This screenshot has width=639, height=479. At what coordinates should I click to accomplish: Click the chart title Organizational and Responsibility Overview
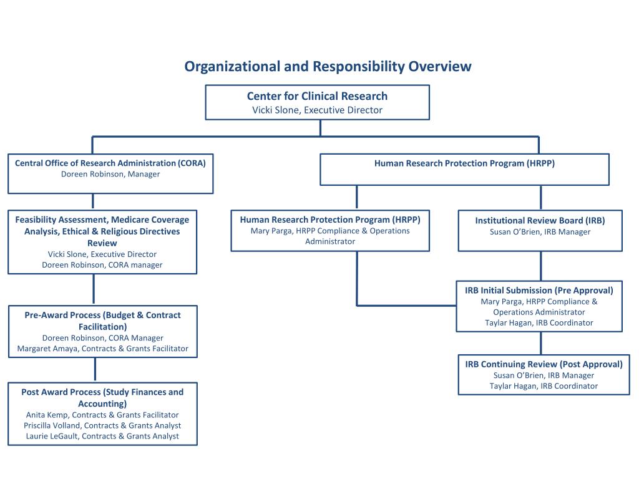tap(328, 66)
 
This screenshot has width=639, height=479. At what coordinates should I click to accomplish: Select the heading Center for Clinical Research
tap(317, 96)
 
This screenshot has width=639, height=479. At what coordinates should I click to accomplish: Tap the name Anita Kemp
tap(45, 415)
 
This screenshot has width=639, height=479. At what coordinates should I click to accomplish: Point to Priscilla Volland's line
tap(102, 425)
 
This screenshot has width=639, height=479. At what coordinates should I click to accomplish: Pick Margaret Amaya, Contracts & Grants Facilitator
tap(103, 349)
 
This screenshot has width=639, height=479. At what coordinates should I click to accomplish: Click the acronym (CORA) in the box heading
tap(192, 163)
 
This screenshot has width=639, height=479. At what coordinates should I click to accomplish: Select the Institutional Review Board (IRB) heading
tap(540, 221)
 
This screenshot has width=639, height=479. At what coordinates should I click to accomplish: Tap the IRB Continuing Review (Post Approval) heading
tap(544, 364)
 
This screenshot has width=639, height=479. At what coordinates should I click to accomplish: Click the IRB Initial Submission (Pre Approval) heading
tap(539, 291)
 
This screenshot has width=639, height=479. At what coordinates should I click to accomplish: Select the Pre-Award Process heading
tap(103, 321)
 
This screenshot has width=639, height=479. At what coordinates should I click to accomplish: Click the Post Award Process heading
tap(102, 398)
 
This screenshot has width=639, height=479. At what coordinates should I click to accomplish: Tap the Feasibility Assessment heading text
tap(102, 231)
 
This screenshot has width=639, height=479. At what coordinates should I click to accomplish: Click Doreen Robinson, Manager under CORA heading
tap(110, 175)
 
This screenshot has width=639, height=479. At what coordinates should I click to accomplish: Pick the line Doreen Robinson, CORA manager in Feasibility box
tap(102, 265)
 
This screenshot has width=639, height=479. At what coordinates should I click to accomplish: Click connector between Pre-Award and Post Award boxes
tap(95, 370)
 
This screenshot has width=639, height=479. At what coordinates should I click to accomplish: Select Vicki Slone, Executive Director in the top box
tap(317, 110)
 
